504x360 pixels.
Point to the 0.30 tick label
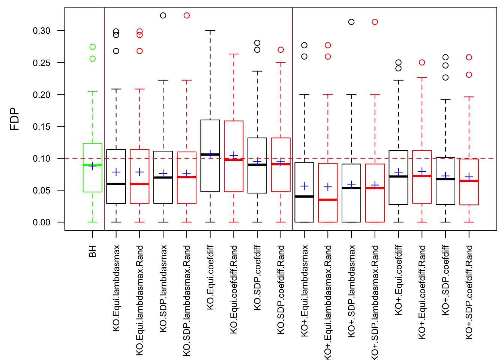click(x=42, y=31)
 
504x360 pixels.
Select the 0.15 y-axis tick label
click(x=42, y=126)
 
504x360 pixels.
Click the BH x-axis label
click(x=93, y=251)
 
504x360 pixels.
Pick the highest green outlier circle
click(x=93, y=47)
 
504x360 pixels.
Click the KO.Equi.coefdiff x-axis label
click(x=210, y=277)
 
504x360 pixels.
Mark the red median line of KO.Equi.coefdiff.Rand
click(x=234, y=160)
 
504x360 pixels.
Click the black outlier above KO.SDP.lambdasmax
click(x=163, y=15)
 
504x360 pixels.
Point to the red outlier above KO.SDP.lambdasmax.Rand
click(x=187, y=15)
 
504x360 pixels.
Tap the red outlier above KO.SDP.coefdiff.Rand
click(x=281, y=50)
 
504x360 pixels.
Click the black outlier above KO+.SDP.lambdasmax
click(x=351, y=22)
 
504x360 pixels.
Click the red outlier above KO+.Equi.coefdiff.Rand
click(x=422, y=63)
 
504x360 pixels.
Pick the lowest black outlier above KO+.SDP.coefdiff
click(x=445, y=78)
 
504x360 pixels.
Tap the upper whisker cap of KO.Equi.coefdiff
click(x=210, y=30)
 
